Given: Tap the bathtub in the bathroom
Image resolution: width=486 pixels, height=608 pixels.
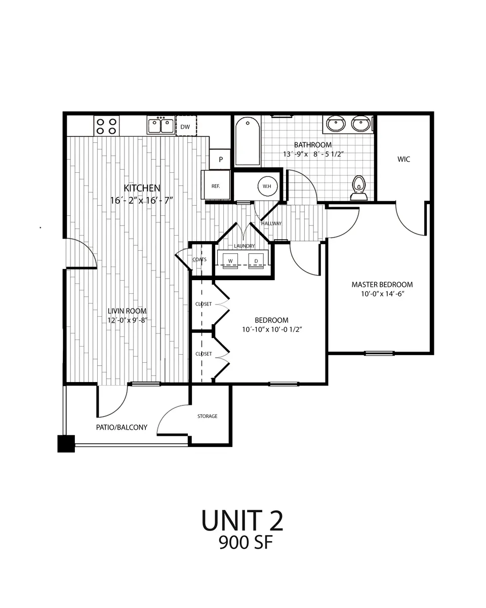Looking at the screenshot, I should point(248,141).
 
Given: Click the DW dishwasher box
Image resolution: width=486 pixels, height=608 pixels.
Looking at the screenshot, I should point(185,127).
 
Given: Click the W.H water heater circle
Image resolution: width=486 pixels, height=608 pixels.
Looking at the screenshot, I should point(267,185).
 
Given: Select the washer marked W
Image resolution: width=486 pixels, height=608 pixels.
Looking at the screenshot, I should point(230,260).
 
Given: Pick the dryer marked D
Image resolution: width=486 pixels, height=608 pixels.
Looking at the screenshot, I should point(256,260).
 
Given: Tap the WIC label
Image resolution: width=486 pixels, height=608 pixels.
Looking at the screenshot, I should point(403,159).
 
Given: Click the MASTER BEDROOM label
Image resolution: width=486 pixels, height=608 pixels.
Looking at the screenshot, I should point(382,284).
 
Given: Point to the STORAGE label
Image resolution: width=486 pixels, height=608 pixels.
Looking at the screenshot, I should point(207,416).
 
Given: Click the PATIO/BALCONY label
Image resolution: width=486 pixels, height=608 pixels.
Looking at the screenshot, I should point(121,427).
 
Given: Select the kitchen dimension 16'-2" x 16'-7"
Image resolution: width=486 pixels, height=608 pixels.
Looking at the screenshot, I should point(142,200).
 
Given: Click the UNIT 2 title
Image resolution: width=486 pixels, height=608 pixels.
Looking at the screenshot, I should point(242,520).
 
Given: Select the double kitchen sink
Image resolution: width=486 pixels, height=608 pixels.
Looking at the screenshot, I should point(160,125).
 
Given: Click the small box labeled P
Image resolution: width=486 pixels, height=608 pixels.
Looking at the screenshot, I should point(221,159).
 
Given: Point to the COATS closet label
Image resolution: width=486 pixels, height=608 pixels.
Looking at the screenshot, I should point(199,259).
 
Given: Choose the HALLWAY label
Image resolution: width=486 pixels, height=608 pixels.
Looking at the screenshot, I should point(271,223).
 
